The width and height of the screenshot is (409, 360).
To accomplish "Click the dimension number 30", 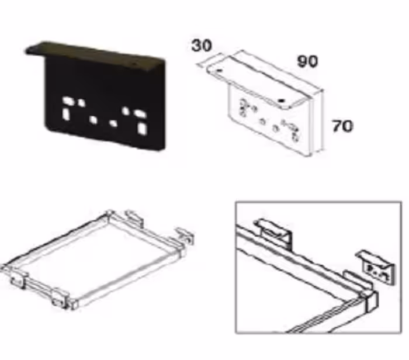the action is [x=202, y=46].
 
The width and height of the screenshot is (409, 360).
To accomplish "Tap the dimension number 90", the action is [x=308, y=61].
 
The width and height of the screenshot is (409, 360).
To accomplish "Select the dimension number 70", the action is [x=342, y=126].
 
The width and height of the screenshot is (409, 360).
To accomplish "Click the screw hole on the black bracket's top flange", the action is [x=134, y=63].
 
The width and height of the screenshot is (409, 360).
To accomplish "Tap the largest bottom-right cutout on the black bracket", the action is [x=143, y=128].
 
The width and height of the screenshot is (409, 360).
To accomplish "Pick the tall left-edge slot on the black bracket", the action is [x=65, y=114].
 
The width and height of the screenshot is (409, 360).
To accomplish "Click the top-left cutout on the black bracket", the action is [x=67, y=100].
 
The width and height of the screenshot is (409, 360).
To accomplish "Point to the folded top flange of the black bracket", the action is [x=95, y=54].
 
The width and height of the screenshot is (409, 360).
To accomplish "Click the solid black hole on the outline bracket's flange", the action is [x=281, y=100].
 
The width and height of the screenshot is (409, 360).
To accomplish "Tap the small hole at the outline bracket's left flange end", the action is [x=220, y=70].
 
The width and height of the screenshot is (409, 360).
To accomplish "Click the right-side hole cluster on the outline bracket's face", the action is [x=292, y=130].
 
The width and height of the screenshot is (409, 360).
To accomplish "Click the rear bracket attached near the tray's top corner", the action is [x=134, y=218].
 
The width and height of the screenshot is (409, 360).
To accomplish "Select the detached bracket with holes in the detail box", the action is [x=376, y=268].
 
